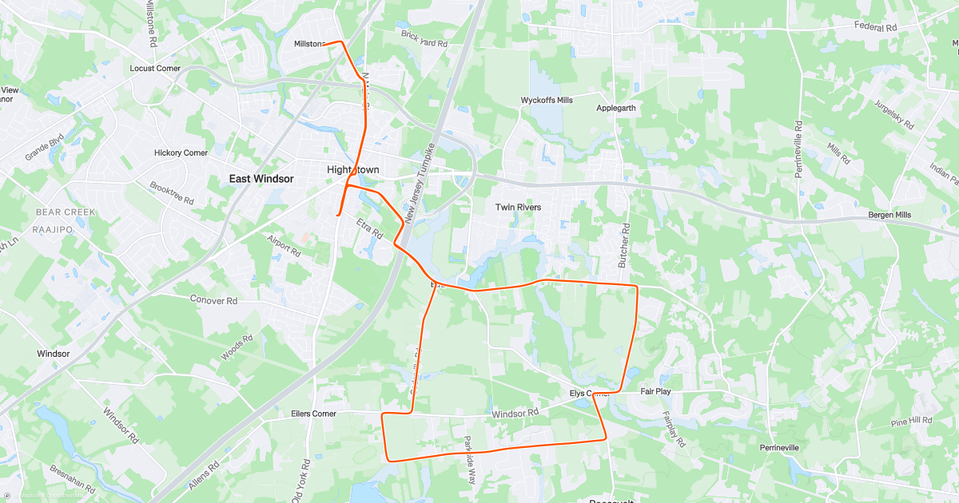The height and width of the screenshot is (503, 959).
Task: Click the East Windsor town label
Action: (x=261, y=179)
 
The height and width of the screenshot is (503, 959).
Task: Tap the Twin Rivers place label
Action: (x=518, y=208)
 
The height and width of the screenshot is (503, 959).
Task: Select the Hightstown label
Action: (x=353, y=170)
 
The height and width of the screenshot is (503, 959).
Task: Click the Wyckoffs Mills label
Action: (x=547, y=101)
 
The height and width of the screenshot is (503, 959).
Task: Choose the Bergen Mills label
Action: (x=890, y=216)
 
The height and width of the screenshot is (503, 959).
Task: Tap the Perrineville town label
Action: (x=779, y=448)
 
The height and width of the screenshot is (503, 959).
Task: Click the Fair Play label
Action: (x=655, y=392)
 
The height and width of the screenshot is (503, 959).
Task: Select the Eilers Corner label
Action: (x=313, y=414)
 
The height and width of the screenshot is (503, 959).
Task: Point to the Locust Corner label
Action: (x=155, y=69)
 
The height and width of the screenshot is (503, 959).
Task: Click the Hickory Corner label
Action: (x=181, y=152)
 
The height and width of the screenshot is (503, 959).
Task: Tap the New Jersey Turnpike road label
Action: (x=419, y=184)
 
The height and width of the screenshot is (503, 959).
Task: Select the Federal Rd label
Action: (x=876, y=27)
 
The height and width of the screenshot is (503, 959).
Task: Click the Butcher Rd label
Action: (x=626, y=239)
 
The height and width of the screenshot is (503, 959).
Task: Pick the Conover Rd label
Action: (x=213, y=301)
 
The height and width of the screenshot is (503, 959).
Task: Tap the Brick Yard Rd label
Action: (x=424, y=38)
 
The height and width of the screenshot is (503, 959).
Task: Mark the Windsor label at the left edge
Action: (x=54, y=353)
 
